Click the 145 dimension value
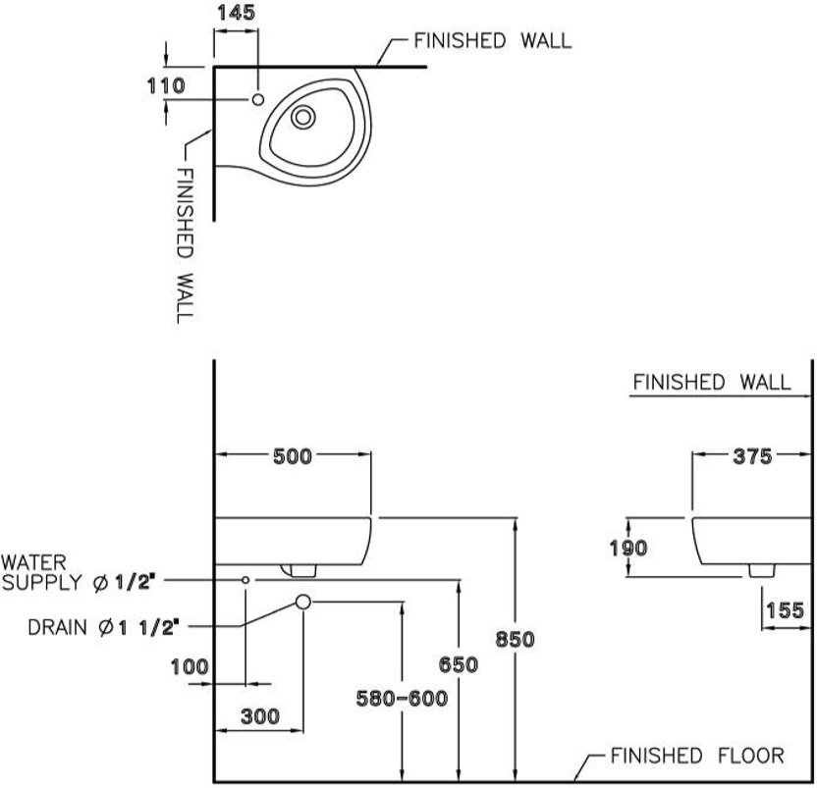tap(236, 13)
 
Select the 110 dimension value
tap(166, 86)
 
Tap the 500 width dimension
tap(293, 456)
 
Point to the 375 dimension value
tap(752, 456)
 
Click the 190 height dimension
tap(628, 548)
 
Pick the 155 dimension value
tap(786, 610)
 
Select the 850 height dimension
tap(515, 639)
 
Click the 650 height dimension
tap(458, 664)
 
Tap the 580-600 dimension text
tap(402, 699)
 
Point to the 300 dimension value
tap(260, 716)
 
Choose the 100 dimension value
tap(190, 666)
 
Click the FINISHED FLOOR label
tap(697, 756)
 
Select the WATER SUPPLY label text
tap(41, 572)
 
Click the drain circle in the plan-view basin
tap(302, 117)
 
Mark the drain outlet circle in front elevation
tap(303, 603)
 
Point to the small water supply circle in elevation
tap(245, 580)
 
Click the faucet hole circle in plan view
tap(258, 99)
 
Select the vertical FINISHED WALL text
tap(185, 245)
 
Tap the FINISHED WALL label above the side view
tap(712, 383)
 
